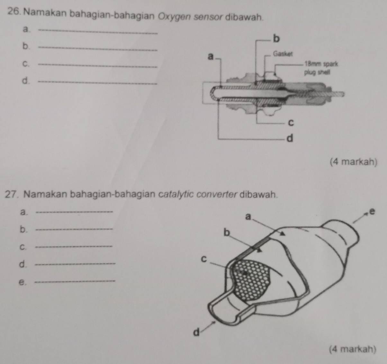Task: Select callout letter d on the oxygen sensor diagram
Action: click(x=290, y=139)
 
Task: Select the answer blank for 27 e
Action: click(x=76, y=282)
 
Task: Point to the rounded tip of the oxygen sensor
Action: click(x=212, y=94)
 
